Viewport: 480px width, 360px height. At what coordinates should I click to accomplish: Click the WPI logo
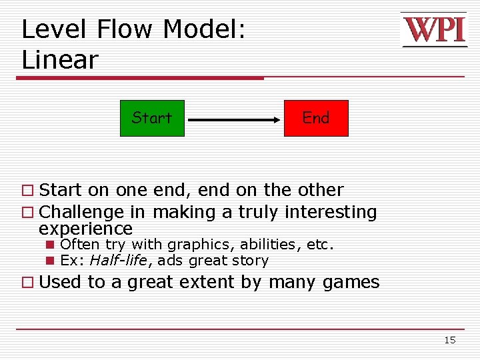[x=433, y=30]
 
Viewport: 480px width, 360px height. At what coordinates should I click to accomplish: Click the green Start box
[x=152, y=118]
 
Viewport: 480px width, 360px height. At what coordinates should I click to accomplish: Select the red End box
[x=316, y=118]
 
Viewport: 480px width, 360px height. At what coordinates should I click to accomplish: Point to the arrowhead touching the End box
[x=278, y=120]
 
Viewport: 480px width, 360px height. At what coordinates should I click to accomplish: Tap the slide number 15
[x=450, y=340]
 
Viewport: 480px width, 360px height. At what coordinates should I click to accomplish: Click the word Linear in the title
[x=59, y=61]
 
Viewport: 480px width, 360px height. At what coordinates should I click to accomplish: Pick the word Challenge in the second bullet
[x=81, y=213]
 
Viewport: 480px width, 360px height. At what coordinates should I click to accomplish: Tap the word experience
[x=85, y=229]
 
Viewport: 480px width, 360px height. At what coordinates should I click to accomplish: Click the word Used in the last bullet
[x=61, y=282]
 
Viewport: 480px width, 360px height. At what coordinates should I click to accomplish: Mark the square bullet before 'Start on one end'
[x=27, y=191]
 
